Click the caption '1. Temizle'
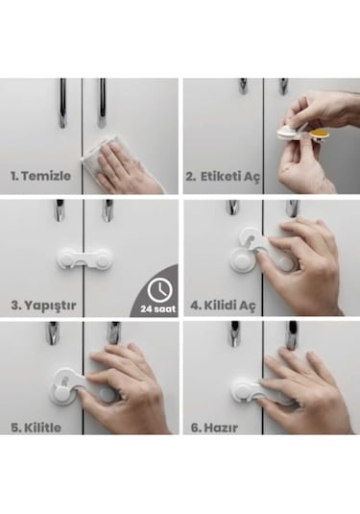pos(40,176)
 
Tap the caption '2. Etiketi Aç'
pos(223,177)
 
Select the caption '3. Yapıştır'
pos(43,306)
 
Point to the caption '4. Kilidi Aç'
pos(223,306)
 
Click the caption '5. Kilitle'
pos(36,428)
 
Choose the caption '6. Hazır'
pos(214,428)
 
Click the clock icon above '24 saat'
pos(160,290)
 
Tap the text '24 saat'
pos(157,308)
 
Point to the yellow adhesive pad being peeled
pos(320,134)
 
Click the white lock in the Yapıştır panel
pos(84,258)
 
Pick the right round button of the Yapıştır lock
pos(103,258)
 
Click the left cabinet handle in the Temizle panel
pos(62,103)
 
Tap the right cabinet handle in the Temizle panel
pos(102,103)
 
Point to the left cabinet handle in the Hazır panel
pos(234,334)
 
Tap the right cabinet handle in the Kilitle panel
pos(113,332)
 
